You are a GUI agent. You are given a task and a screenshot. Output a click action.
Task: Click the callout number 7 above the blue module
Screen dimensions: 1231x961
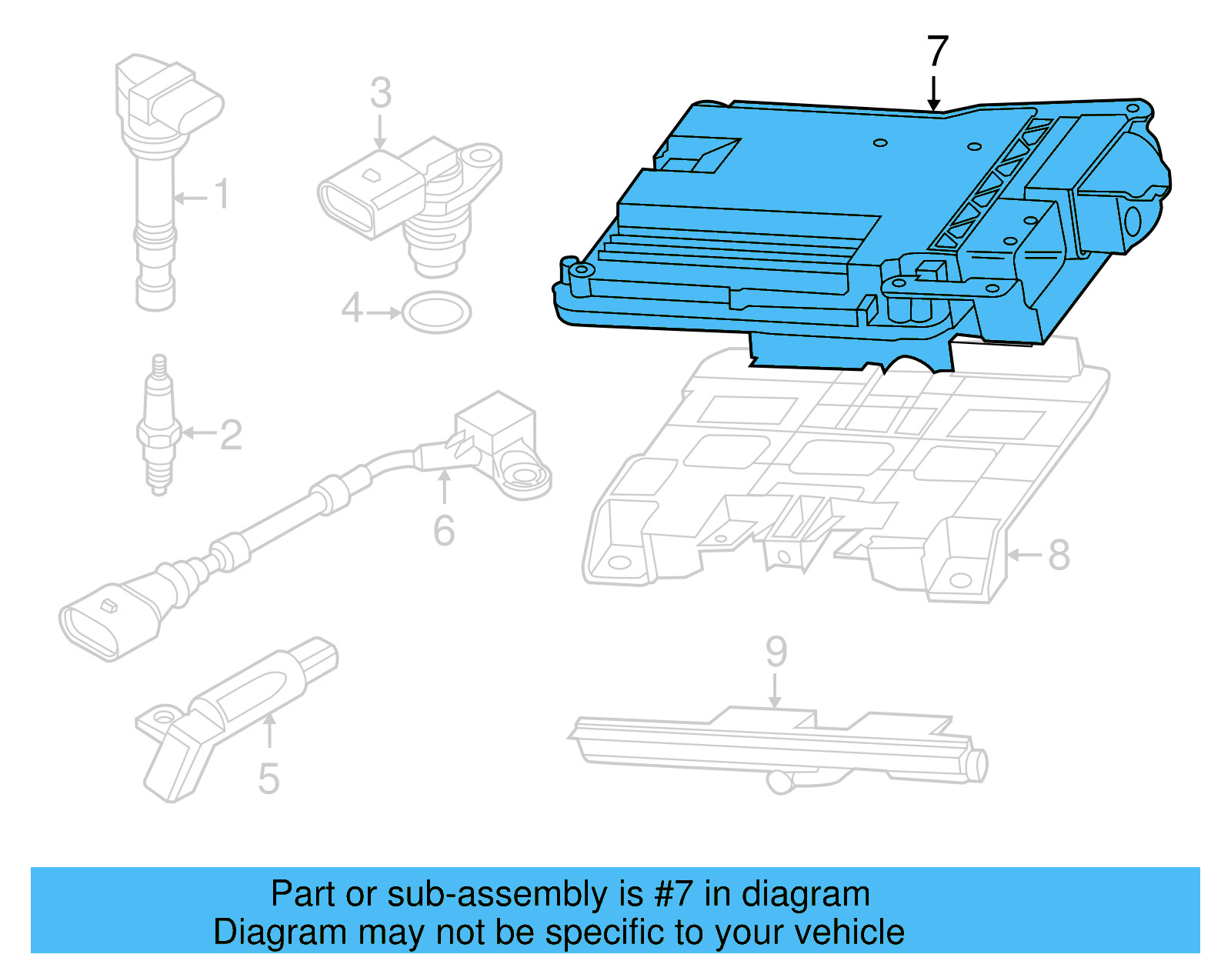pyautogui.click(x=938, y=52)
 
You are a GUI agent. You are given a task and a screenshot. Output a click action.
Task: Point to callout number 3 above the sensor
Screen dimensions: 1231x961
pyautogui.click(x=381, y=92)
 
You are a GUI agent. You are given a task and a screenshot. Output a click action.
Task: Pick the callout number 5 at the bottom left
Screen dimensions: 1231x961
pyautogui.click(x=269, y=779)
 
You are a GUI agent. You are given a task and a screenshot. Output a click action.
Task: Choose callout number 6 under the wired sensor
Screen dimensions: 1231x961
pyautogui.click(x=444, y=531)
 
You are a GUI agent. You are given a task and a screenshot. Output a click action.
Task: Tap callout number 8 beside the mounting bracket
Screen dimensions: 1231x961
pyautogui.click(x=1059, y=555)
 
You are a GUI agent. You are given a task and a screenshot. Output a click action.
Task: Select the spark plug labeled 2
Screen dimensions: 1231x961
pyautogui.click(x=159, y=425)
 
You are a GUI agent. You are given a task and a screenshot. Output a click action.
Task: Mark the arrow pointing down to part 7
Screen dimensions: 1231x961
pyautogui.click(x=933, y=93)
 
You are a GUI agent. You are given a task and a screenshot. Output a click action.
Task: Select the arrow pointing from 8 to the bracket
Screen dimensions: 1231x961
pyautogui.click(x=1025, y=555)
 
